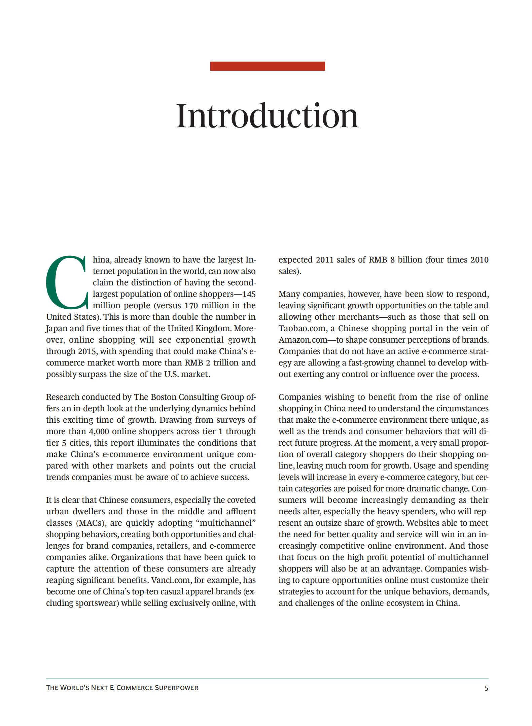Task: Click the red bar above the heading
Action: (268, 66)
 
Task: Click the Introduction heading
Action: (268, 116)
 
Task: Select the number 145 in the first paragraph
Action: (249, 294)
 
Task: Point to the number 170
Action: (191, 306)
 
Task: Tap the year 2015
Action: (87, 351)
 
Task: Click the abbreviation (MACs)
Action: (91, 523)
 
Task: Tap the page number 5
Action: (486, 688)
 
